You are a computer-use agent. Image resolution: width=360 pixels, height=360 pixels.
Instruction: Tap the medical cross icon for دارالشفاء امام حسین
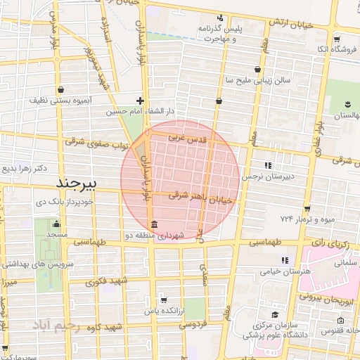click(141, 101)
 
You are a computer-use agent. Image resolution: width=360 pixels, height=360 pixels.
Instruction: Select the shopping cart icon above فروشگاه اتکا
click(337, 39)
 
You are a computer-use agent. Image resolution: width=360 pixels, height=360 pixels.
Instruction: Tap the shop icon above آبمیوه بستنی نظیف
click(64, 90)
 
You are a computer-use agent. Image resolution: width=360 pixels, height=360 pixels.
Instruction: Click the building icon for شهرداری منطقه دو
click(154, 226)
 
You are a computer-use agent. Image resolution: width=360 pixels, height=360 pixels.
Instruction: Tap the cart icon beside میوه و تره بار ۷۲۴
click(307, 208)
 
